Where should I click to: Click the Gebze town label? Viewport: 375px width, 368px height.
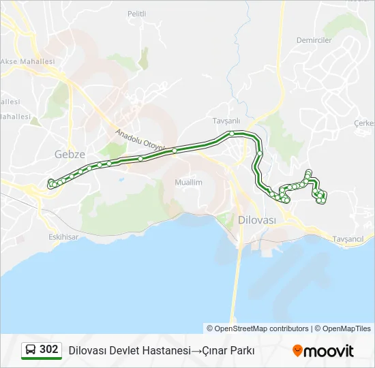point(70,155)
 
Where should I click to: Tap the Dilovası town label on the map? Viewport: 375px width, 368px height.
point(257,220)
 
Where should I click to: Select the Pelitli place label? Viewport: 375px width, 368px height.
point(137,14)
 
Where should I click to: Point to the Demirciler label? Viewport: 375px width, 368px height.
point(314,40)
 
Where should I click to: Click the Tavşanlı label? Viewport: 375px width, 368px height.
point(226,121)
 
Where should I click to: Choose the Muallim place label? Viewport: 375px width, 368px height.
point(188,183)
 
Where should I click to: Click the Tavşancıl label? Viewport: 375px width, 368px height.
point(352,239)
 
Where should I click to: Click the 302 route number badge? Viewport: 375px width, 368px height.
point(48,350)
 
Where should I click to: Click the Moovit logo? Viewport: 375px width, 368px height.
point(323,351)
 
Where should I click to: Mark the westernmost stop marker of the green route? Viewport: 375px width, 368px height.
point(50,182)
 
